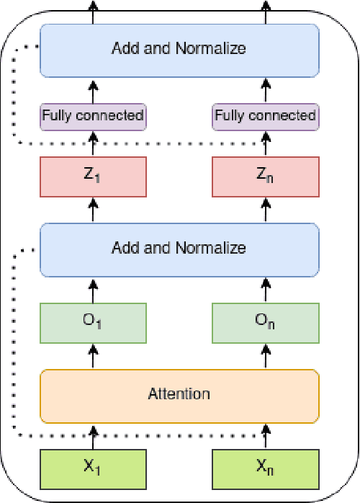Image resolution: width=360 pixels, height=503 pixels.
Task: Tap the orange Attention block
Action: [x=179, y=395]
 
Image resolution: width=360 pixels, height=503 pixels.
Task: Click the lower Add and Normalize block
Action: [x=179, y=249]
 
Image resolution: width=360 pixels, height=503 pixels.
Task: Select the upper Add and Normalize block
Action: [x=179, y=50]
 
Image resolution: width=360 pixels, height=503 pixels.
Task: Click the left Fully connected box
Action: [x=93, y=115]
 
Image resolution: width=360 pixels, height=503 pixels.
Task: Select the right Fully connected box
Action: [x=266, y=115]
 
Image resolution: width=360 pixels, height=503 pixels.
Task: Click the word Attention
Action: [x=179, y=394]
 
